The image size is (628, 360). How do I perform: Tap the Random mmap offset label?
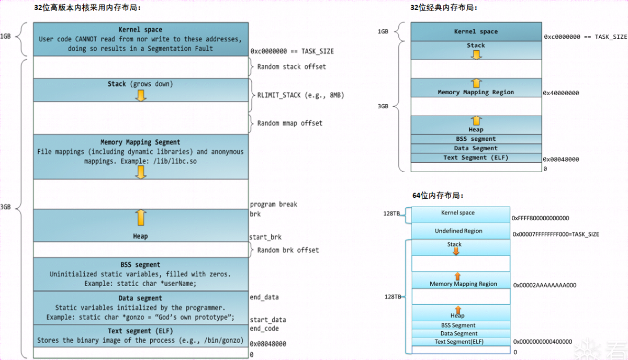coord(290,123)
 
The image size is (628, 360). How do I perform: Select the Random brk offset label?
coord(288,250)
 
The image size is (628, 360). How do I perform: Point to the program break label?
coord(274,205)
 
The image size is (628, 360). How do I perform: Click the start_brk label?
coord(266,238)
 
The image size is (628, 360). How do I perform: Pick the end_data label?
coord(264,297)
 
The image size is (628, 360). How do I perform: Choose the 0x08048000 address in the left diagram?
coord(268,344)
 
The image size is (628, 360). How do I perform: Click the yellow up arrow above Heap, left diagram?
coord(140,218)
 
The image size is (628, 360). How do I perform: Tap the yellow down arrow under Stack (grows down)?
coord(140,95)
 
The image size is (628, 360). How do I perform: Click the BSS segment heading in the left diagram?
coord(140,265)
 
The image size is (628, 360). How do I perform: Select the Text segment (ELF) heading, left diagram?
coord(140,331)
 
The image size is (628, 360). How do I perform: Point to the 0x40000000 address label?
coord(561,93)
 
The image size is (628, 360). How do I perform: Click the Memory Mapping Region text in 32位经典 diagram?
coord(476,93)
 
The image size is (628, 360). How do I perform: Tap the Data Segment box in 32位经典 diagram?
coord(476,148)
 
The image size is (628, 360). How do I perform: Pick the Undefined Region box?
coord(458,231)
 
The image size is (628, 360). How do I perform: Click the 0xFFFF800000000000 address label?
coord(541,218)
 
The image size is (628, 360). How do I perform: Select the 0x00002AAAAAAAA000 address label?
coord(545,286)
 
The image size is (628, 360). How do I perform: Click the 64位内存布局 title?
coord(438,196)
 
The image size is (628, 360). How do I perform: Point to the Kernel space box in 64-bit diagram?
coord(458,213)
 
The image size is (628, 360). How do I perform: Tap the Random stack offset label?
coord(291,67)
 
